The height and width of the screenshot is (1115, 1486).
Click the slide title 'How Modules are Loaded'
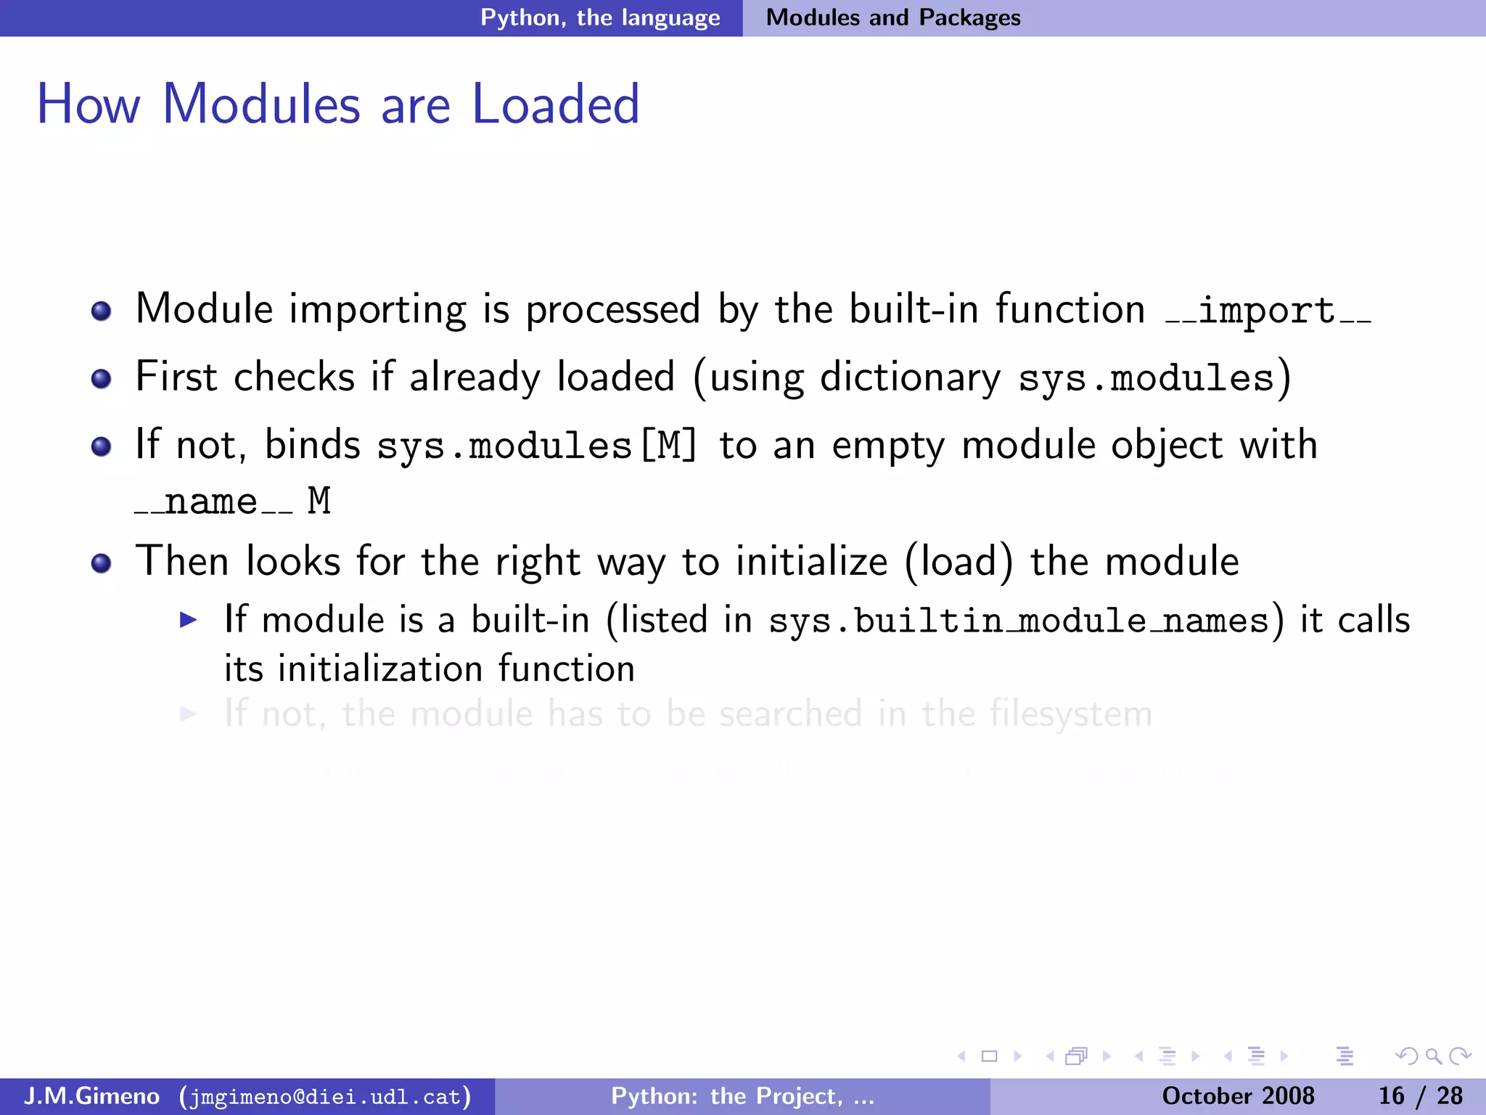pos(338,104)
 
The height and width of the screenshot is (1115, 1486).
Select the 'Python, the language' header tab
pos(600,17)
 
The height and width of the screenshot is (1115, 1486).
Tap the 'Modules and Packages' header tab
pos(893,17)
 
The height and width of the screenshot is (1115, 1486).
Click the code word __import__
pos(1268,311)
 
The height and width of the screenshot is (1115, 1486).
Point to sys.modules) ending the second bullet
pos(1154,378)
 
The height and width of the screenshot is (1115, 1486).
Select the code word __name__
pos(213,502)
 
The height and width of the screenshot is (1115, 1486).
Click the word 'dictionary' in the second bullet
pos(910,378)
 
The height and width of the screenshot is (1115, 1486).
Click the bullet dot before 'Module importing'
pos(102,311)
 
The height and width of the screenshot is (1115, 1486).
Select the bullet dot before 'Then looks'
pos(102,563)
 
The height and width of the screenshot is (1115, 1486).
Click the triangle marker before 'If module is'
pos(188,620)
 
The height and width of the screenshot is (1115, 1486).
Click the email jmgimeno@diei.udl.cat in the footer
pos(325,1096)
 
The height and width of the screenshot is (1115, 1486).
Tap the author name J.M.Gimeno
pos(91,1096)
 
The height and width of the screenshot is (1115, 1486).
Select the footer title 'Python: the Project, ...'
pos(742,1096)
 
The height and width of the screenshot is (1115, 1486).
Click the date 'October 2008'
pos(1238,1096)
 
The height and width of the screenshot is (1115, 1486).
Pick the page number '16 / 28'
pos(1420,1096)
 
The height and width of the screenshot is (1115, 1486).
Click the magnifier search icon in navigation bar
pos(1433,1056)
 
